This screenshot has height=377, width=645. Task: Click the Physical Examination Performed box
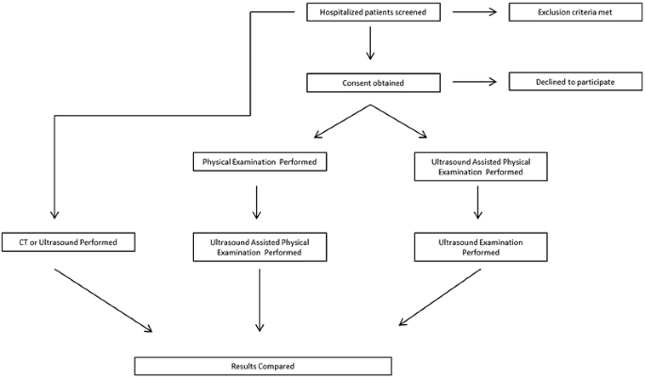point(259,162)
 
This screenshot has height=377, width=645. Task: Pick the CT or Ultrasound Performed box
point(70,243)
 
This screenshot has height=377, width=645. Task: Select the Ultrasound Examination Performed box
point(480,247)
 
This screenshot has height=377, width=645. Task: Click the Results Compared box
point(263,366)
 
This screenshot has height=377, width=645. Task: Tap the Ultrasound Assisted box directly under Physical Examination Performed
point(259,247)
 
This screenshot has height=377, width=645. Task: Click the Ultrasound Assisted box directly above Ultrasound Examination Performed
point(480,168)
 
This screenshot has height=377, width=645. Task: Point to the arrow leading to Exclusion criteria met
point(476,13)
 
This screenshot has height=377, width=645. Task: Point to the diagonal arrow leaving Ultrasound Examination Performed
point(441,297)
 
